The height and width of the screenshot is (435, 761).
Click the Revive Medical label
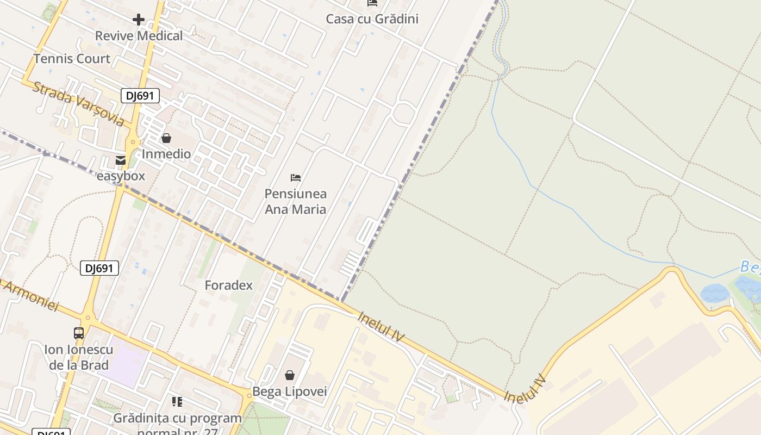(139, 36)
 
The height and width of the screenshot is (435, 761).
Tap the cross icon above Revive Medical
(139, 20)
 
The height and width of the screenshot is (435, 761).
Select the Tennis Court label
(72, 59)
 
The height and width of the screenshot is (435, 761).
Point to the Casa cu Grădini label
(372, 19)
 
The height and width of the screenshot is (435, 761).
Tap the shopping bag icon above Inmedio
(166, 138)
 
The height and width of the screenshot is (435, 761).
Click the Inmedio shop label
(166, 154)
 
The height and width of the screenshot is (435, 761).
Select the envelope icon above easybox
(121, 160)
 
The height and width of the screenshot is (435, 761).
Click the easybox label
(121, 176)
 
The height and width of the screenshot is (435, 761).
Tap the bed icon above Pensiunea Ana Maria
(296, 178)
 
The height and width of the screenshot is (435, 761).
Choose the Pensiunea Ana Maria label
(296, 201)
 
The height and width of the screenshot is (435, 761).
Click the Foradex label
(228, 285)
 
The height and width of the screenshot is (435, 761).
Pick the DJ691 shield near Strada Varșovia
(140, 96)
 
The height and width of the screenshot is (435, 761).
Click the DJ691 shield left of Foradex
(99, 268)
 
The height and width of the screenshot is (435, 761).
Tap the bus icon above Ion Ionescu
(79, 333)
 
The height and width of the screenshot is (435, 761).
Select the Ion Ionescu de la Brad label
(79, 357)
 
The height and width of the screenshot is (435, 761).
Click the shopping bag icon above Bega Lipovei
(290, 375)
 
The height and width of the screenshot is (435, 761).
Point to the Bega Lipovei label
(290, 391)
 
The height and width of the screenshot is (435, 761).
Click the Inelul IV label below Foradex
(381, 326)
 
